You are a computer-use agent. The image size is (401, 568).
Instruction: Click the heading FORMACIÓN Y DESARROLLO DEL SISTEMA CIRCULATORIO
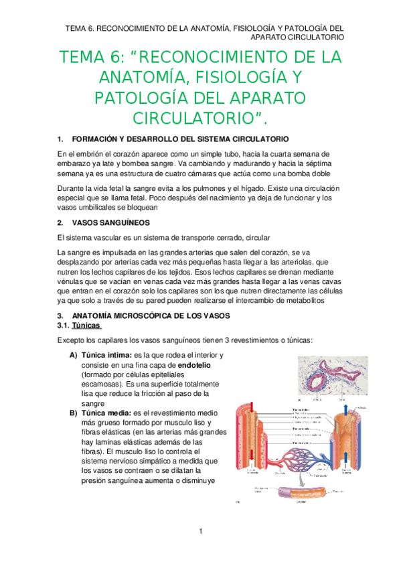[x=181, y=139]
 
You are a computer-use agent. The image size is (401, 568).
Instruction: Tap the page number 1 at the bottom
[x=200, y=531]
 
